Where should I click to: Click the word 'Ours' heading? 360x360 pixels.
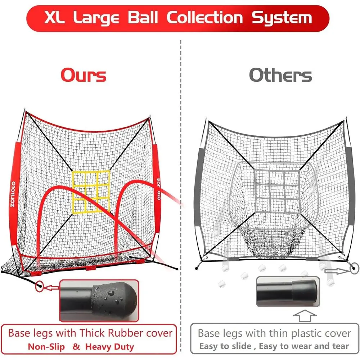click(84, 75)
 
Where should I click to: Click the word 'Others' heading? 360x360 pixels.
click(280, 75)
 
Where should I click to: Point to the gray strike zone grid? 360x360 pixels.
click(277, 191)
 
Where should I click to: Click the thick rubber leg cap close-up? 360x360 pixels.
click(99, 300)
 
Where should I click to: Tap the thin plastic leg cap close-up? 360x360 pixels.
click(288, 292)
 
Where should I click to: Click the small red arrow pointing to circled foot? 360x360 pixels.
click(51, 287)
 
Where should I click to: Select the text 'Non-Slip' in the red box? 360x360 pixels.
click(46, 346)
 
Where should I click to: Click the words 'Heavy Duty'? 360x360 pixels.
click(109, 347)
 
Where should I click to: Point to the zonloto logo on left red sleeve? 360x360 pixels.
click(13, 194)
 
